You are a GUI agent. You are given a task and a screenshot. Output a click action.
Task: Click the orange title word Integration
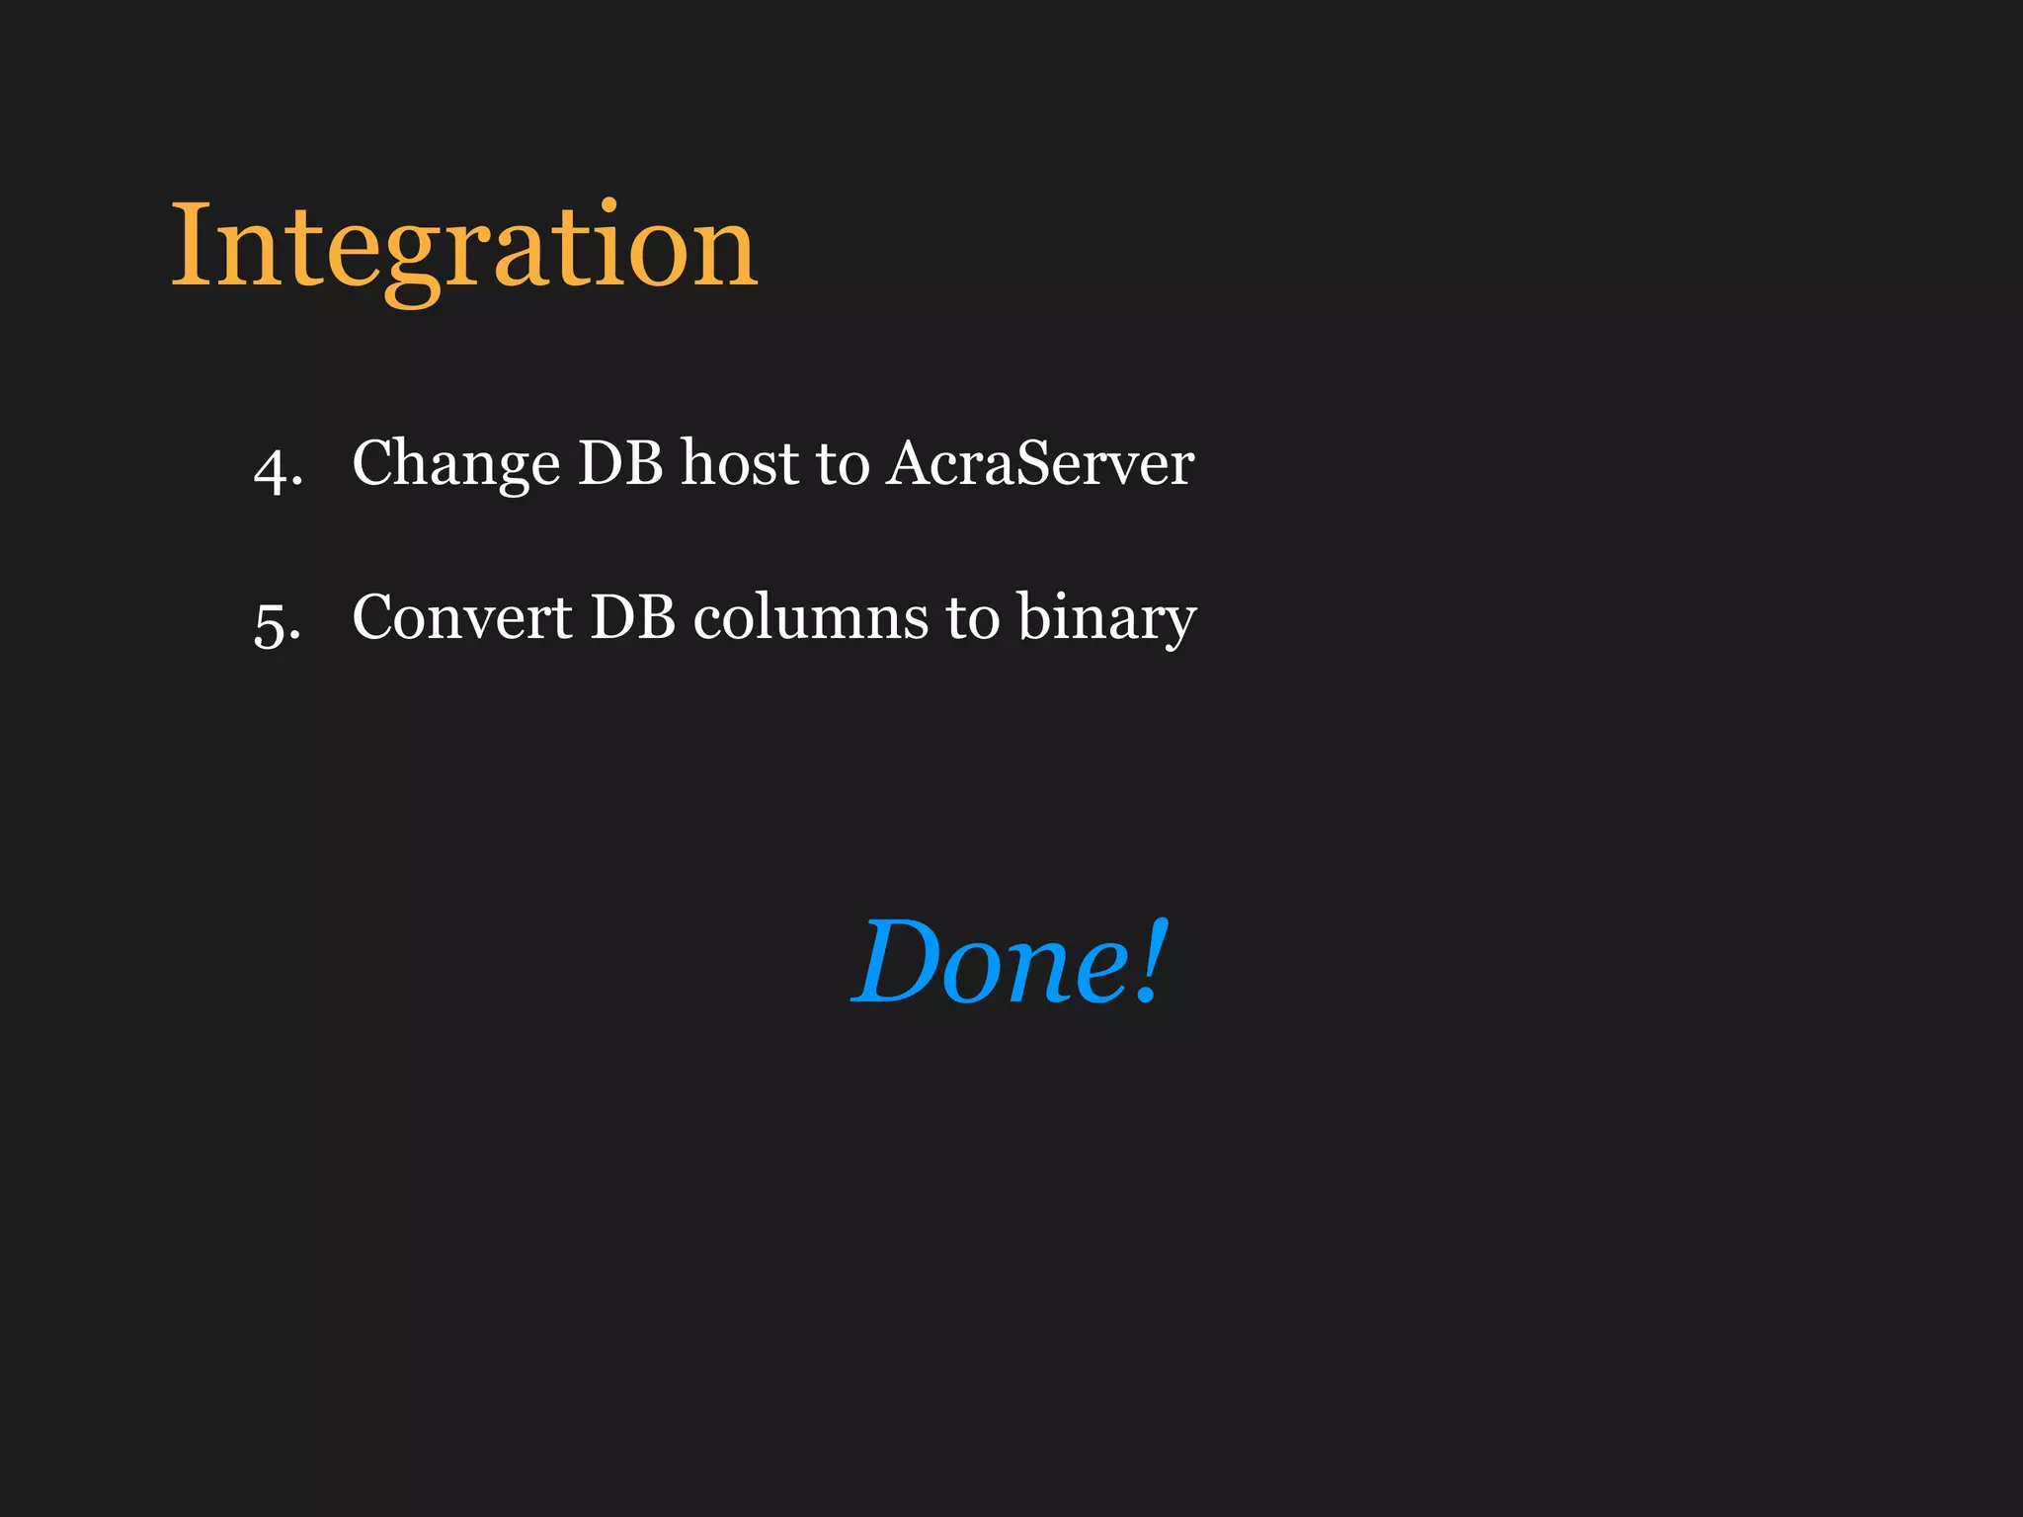(x=464, y=247)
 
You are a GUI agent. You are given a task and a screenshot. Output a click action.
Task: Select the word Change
(x=455, y=464)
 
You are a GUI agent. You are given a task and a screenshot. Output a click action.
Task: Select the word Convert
(x=461, y=617)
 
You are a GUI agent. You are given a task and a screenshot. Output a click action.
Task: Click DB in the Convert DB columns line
(x=632, y=617)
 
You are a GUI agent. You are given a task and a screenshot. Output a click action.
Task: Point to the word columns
(x=810, y=617)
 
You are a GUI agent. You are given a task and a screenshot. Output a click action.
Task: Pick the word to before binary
(x=972, y=619)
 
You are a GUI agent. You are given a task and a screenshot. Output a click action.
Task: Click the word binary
(x=1106, y=619)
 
